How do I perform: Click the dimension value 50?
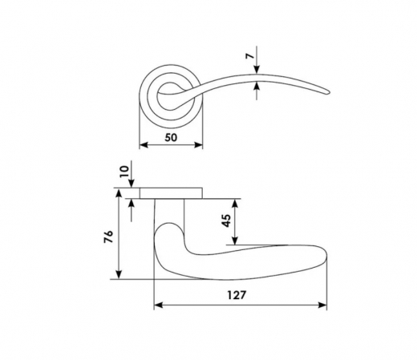pyautogui.click(x=171, y=138)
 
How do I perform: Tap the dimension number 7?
pyautogui.click(x=250, y=56)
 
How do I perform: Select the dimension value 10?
pyautogui.click(x=124, y=172)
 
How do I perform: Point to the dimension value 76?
pyautogui.click(x=109, y=237)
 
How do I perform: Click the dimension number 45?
pyautogui.click(x=226, y=220)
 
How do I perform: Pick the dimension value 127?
pyautogui.click(x=237, y=295)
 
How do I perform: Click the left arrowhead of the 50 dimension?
pyautogui.click(x=144, y=145)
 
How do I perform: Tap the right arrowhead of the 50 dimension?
pyautogui.click(x=198, y=145)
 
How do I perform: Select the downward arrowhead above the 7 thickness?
pyautogui.click(x=257, y=69)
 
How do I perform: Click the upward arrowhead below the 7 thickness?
pyautogui.click(x=257, y=86)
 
